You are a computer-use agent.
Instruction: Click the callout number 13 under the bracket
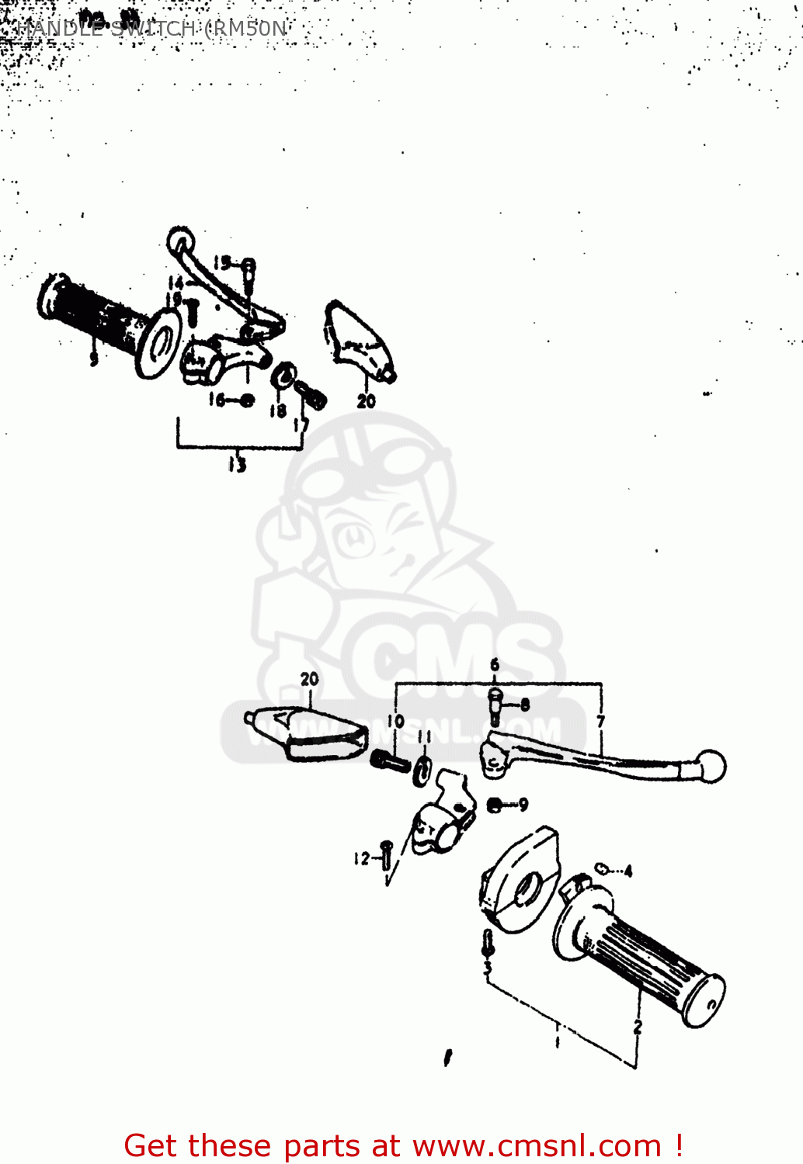pos(237,465)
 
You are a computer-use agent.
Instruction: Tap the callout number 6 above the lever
pos(495,665)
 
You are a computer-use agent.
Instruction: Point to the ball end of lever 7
pos(711,766)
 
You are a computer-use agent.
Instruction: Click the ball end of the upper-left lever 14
pos(179,237)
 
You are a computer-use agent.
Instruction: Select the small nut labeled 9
pos(495,805)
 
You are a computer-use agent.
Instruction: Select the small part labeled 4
pos(602,868)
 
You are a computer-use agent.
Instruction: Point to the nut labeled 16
pos(246,400)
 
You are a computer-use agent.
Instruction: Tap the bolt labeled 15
pos(248,269)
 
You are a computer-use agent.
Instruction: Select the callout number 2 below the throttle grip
pos(638,1027)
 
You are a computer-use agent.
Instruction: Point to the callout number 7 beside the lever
pos(600,722)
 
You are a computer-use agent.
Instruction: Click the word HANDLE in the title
pos(59,29)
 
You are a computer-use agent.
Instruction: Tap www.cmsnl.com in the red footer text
pos(536,1145)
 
